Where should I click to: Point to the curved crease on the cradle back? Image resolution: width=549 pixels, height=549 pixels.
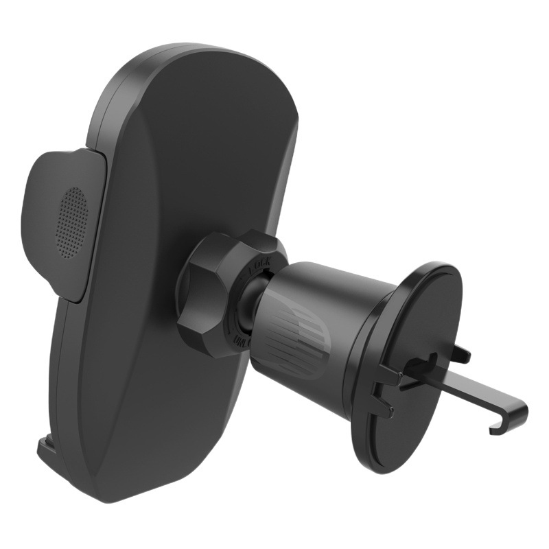tap(165, 274)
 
